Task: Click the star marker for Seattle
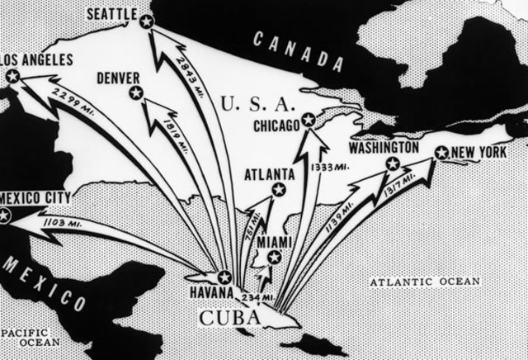(146, 22)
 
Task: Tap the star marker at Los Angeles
(12, 76)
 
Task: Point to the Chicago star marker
(308, 121)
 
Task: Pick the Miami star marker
(274, 257)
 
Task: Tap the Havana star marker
(224, 277)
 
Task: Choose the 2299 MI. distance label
(68, 92)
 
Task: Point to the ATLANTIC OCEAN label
(424, 282)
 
